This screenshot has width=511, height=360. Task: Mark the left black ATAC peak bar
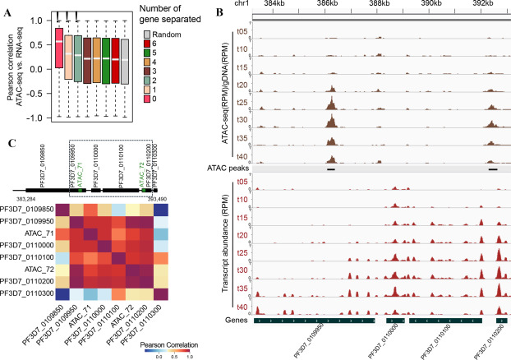[330, 168]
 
